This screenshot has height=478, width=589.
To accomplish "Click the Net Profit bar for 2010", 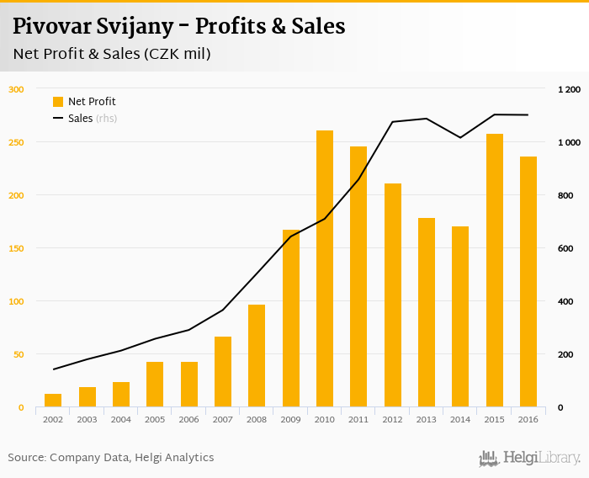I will click(325, 268).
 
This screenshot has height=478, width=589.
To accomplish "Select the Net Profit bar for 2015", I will click(495, 270).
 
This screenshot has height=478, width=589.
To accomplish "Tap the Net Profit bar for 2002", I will click(53, 400).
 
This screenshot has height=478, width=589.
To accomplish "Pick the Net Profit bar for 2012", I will click(393, 295).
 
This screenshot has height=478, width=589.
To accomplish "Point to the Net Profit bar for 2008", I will click(257, 355).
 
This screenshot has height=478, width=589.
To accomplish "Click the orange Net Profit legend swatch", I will click(58, 102).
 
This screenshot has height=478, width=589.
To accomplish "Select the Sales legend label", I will click(81, 119).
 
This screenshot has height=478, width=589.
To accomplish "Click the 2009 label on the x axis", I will click(290, 419).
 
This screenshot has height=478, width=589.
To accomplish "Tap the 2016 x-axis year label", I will click(528, 419).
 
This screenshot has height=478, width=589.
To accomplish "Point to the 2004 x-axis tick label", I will click(121, 419).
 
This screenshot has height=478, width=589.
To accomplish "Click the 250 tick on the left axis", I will click(17, 142).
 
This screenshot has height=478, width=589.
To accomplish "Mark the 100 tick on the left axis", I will click(17, 301).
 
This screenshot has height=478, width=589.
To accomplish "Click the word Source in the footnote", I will click(27, 458).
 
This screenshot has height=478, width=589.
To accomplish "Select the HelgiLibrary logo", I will click(529, 458).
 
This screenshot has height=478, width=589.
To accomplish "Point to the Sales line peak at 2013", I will click(427, 119).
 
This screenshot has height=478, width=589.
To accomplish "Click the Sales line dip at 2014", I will click(460, 137).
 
